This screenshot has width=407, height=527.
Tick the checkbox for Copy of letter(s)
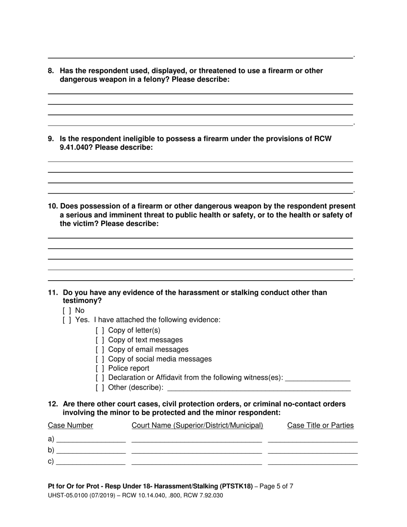point(100,330)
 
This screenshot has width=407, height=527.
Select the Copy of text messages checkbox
point(100,340)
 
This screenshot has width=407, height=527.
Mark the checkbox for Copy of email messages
point(100,349)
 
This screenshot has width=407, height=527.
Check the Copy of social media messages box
point(100,359)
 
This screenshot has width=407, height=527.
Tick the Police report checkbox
point(100,368)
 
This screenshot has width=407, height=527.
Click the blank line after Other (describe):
point(259,388)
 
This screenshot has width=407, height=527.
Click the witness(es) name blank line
point(317,379)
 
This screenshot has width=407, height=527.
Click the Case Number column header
point(70,425)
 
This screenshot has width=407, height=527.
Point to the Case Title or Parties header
point(320,425)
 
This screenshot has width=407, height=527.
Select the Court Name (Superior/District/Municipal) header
point(197,425)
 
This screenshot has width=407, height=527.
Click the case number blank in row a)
point(91,440)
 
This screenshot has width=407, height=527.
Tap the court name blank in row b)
point(197,451)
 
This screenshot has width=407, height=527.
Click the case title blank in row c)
point(312,462)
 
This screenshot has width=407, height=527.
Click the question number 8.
point(51,71)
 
